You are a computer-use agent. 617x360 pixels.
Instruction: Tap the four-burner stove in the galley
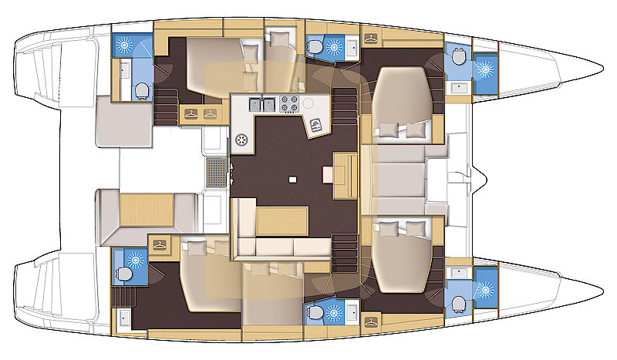click(288, 103)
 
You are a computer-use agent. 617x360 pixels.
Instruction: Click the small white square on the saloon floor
click(293, 180)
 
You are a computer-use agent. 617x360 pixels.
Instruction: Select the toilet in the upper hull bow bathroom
click(459, 57)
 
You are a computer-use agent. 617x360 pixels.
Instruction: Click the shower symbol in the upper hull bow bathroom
click(485, 69)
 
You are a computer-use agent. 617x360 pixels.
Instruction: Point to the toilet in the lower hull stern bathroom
click(124, 275)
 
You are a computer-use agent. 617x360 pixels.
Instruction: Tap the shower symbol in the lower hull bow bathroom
click(485, 291)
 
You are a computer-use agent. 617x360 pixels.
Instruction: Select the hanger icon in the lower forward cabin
click(371, 317)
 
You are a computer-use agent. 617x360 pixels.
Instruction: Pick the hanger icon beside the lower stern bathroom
click(160, 245)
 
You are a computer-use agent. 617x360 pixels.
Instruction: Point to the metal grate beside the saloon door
click(217, 174)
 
